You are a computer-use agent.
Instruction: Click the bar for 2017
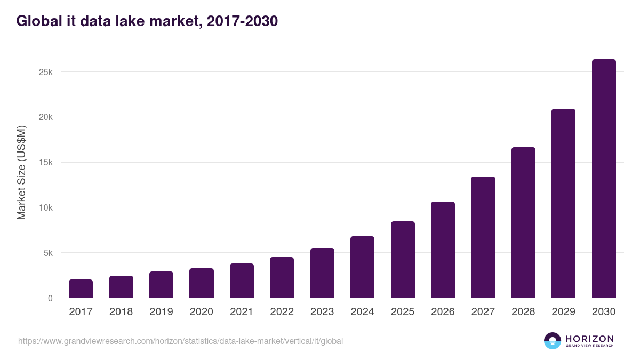click(81, 289)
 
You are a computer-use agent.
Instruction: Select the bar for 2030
click(604, 179)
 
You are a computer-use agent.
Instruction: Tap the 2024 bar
click(362, 267)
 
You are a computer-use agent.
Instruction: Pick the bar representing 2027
click(483, 237)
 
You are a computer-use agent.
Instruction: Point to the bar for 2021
click(242, 281)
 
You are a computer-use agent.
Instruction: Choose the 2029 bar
click(563, 203)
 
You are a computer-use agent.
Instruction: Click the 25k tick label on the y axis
click(45, 72)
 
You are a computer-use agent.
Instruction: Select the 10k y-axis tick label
click(45, 207)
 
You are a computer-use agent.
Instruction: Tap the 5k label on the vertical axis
click(47, 253)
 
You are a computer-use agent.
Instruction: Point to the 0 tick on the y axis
click(50, 298)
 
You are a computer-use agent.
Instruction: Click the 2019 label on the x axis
click(161, 312)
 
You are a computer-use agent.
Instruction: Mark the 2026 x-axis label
click(443, 312)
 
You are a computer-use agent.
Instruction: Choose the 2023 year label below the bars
click(322, 312)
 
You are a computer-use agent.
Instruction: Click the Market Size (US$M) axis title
click(21, 172)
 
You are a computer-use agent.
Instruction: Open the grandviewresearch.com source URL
click(180, 341)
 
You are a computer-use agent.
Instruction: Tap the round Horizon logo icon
click(553, 341)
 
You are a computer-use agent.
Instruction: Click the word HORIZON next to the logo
click(589, 339)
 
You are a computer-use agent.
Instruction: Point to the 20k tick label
click(45, 117)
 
